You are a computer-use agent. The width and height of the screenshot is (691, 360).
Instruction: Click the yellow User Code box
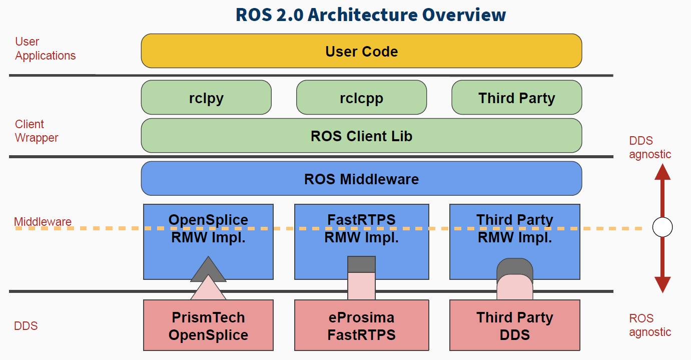[x=361, y=51]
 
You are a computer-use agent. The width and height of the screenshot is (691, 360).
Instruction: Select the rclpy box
[x=206, y=98]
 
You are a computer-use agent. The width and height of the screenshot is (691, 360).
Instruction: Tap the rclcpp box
[x=361, y=98]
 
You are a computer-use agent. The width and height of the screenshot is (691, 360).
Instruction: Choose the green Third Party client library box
[x=516, y=98]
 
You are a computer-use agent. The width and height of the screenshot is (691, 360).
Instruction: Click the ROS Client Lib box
[x=361, y=136]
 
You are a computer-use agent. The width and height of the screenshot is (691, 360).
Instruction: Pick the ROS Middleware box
[x=361, y=179]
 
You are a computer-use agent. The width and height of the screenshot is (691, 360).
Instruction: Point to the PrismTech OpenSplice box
[x=208, y=325]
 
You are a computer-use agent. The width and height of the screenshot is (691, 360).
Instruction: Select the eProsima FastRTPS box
[x=361, y=325]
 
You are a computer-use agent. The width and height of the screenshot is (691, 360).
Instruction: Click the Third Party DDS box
[x=515, y=325]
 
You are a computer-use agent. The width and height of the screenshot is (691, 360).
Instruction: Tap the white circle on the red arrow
[x=662, y=228]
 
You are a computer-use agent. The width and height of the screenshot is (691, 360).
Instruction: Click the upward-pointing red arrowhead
[x=662, y=172]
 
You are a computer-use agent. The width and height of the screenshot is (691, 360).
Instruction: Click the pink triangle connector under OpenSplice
[x=208, y=289]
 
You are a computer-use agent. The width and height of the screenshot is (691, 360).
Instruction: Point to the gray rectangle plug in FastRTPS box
[x=361, y=264]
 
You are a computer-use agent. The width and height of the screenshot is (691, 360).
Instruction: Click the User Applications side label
[x=45, y=49]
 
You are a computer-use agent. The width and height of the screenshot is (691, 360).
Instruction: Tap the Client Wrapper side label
[x=36, y=131]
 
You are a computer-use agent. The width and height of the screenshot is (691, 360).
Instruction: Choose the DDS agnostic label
[x=649, y=148]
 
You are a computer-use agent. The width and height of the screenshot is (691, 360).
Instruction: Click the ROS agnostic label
[x=649, y=325]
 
